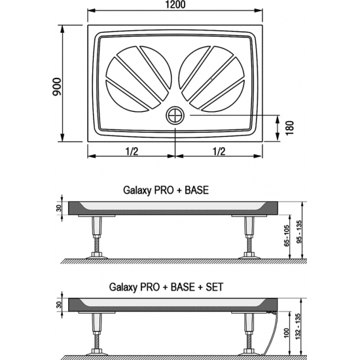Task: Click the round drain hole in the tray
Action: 175,116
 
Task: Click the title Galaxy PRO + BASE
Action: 166,190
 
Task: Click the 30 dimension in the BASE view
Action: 58,207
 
